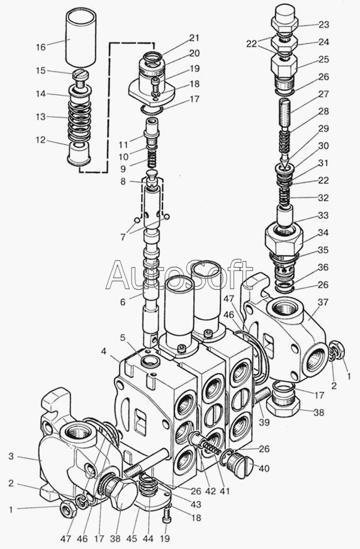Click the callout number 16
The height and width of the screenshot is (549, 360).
pyautogui.click(x=41, y=47)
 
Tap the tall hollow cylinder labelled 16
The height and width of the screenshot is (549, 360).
pyautogui.click(x=81, y=38)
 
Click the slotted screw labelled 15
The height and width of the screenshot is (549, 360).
pyautogui.click(x=81, y=78)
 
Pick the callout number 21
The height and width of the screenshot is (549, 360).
pyautogui.click(x=194, y=38)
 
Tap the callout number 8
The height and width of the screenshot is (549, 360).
pyautogui.click(x=123, y=182)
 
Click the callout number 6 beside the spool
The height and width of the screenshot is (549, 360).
pyautogui.click(x=123, y=302)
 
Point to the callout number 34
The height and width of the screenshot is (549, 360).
pyautogui.click(x=323, y=232)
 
